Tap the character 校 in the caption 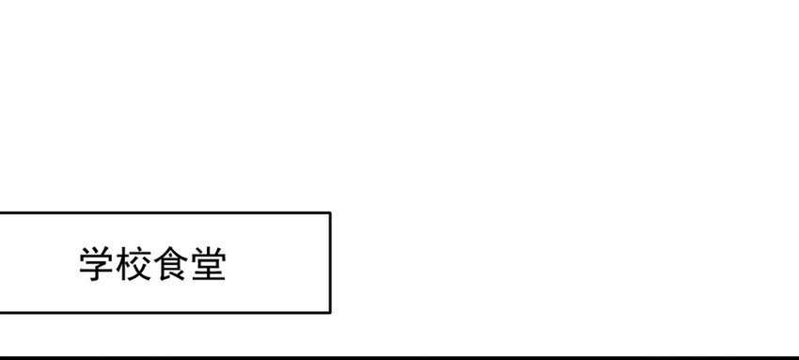(134, 264)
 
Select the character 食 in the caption (171, 264)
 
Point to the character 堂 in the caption (209, 264)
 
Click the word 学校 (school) (116, 264)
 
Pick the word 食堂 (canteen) (190, 264)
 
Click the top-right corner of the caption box (330, 212)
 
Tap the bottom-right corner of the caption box (330, 312)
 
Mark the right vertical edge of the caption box (330, 263)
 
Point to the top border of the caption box (165, 212)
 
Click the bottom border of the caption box (165, 312)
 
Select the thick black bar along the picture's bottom (399, 358)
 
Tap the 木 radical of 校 (124, 264)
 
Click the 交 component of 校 (142, 264)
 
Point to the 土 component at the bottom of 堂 (209, 274)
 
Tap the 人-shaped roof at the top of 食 (171, 253)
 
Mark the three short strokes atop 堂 (209, 251)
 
